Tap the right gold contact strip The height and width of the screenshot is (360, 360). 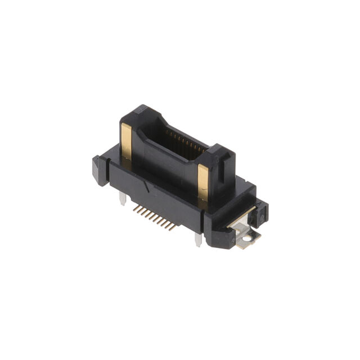pos(203,184)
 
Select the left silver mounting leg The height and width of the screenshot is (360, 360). pos(122,198)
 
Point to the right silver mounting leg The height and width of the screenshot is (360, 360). pos(198,239)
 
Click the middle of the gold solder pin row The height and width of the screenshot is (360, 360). pos(154,218)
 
